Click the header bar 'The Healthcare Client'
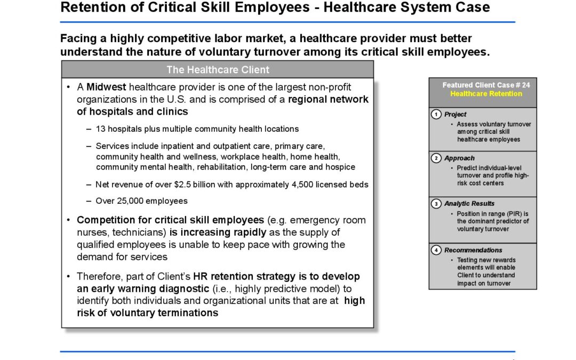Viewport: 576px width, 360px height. tap(218, 70)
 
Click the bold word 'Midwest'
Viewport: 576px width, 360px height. tap(106, 87)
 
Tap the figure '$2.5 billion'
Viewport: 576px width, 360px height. tap(191, 185)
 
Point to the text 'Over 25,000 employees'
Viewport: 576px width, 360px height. tap(141, 201)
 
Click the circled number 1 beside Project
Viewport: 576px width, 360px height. tap(437, 114)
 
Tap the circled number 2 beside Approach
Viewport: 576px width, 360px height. tap(437, 158)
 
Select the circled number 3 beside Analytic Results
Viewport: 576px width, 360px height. tap(437, 203)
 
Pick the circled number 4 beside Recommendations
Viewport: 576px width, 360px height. tap(437, 250)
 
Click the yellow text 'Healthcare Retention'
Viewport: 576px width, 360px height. tap(486, 94)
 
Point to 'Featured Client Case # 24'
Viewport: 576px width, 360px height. tap(486, 85)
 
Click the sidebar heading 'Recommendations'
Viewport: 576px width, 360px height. tap(473, 250)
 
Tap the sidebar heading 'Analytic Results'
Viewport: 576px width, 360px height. tap(469, 204)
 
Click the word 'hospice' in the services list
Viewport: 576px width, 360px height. tap(340, 167)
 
